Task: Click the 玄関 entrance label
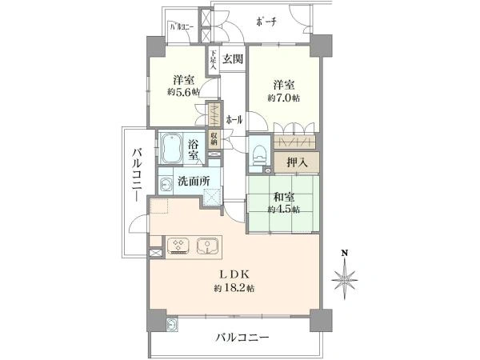tap(233, 58)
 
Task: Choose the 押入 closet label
tap(299, 162)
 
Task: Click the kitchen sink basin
tap(207, 245)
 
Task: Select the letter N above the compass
tap(345, 255)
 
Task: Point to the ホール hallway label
tap(234, 120)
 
